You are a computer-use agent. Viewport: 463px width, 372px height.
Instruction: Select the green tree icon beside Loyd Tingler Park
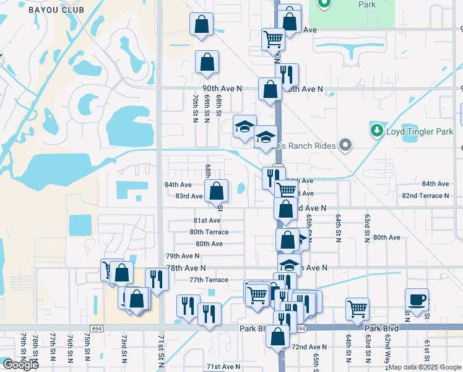[x=376, y=131]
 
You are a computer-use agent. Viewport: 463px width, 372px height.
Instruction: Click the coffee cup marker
[x=417, y=299]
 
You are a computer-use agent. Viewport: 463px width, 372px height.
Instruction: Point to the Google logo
[x=20, y=364]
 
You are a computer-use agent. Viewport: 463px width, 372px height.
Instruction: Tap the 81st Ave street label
[x=207, y=220]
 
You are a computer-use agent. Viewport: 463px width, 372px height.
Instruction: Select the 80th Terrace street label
[x=209, y=232]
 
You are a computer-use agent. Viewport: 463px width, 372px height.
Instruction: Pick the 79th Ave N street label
[x=183, y=255]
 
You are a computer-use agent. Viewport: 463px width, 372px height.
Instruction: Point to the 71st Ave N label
[x=223, y=366]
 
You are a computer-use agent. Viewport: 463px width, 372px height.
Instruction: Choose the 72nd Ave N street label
[x=309, y=347]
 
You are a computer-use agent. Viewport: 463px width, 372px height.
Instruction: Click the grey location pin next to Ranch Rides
[x=345, y=146]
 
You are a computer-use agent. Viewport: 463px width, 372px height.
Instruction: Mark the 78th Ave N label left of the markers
[x=185, y=267]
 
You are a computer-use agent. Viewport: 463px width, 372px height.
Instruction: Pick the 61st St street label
[x=426, y=350]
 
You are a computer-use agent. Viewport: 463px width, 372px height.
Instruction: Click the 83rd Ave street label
[x=189, y=196]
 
